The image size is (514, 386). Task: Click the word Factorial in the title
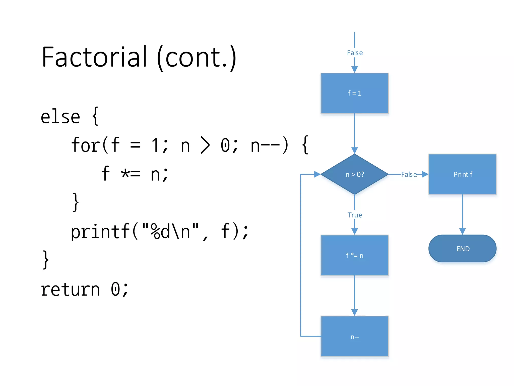coord(94,57)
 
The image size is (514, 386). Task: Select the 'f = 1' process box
coord(354,93)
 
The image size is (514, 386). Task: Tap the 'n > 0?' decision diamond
coord(354,174)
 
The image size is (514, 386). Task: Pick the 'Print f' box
coord(462,174)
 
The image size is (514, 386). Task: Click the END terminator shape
coord(462,249)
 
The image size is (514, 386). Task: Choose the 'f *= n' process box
coord(354,255)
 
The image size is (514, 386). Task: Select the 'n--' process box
coord(354,336)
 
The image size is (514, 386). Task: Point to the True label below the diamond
coord(355,215)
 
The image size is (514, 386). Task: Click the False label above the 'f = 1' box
coord(355,53)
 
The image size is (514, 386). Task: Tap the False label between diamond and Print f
coord(409,174)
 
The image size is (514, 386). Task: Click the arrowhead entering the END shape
coord(462,231)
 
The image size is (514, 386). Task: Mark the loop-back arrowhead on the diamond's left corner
coord(317,174)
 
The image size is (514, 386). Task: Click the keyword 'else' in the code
coord(60,117)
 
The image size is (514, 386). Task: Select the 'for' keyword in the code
coord(86,145)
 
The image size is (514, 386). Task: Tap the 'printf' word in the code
coord(100,232)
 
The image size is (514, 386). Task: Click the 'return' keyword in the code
coord(70,289)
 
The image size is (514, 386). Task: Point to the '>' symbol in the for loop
coord(205,145)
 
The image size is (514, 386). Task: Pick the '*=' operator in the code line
coord(131,173)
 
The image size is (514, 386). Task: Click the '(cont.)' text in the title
coord(197,57)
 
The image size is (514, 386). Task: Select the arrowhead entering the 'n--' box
coord(354,312)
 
